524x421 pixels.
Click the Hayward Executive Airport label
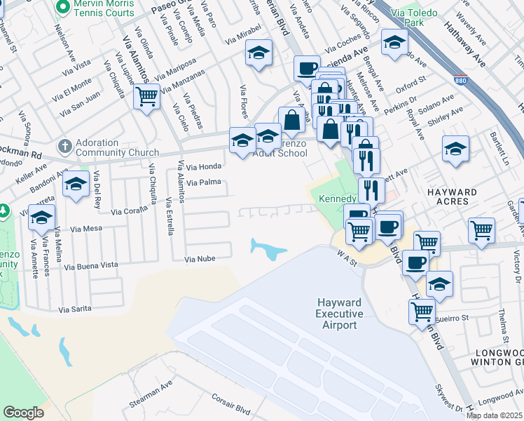339,313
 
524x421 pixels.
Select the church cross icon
65,147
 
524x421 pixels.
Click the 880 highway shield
460,81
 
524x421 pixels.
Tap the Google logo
23,413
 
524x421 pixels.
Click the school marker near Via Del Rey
75,185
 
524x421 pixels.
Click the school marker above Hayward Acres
455,149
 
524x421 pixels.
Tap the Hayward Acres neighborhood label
453,197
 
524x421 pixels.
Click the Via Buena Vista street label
91,266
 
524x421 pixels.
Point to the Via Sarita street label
76,309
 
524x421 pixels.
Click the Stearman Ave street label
151,396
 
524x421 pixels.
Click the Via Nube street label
200,260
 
